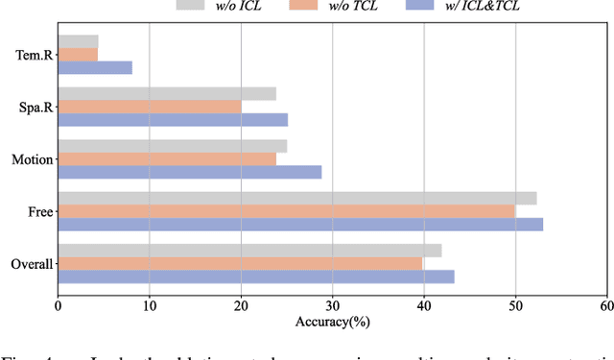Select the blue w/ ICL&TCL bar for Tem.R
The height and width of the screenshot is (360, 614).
pos(95,67)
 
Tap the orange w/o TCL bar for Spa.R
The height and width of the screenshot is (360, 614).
pos(150,107)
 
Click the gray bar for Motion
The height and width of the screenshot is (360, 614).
pos(173,145)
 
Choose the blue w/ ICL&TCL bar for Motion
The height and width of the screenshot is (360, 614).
pos(190,172)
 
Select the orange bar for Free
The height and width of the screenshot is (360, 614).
pos(287,211)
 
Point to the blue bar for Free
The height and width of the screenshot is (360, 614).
pos(300,224)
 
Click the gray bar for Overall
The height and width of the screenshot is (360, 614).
pos(249,250)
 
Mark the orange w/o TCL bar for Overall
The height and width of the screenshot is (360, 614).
pos(240,263)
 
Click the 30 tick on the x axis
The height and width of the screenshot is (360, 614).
pos(332,304)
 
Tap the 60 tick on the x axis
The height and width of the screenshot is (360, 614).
pos(605,304)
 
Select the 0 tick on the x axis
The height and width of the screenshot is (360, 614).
pos(59,304)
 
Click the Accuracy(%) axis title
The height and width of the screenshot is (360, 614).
pos(332,322)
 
